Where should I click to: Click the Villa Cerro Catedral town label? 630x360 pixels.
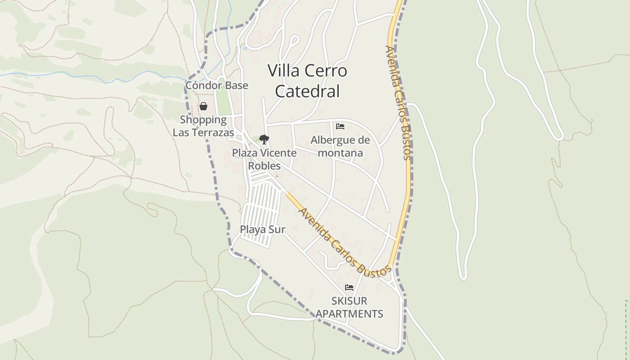[307, 81]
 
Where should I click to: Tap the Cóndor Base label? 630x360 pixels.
[216, 85]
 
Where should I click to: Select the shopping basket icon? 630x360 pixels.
[203, 106]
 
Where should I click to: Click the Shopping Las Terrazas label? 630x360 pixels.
[203, 126]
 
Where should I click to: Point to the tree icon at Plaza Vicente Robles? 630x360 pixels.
[264, 139]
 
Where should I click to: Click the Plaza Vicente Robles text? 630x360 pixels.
[264, 159]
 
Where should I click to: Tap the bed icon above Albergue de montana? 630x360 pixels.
[340, 126]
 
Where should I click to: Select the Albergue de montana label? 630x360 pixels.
[340, 146]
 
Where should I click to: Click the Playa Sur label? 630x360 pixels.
[262, 229]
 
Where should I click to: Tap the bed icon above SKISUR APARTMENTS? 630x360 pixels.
[349, 287]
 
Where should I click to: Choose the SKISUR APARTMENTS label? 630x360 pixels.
[349, 307]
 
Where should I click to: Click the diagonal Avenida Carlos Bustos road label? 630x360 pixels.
[344, 242]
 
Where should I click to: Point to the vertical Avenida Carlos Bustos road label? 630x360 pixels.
[398, 103]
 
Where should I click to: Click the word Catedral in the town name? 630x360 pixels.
[307, 91]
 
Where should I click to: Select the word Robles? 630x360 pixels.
[264, 166]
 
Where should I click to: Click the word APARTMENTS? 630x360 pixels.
[349, 314]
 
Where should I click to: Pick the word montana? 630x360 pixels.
[340, 153]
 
